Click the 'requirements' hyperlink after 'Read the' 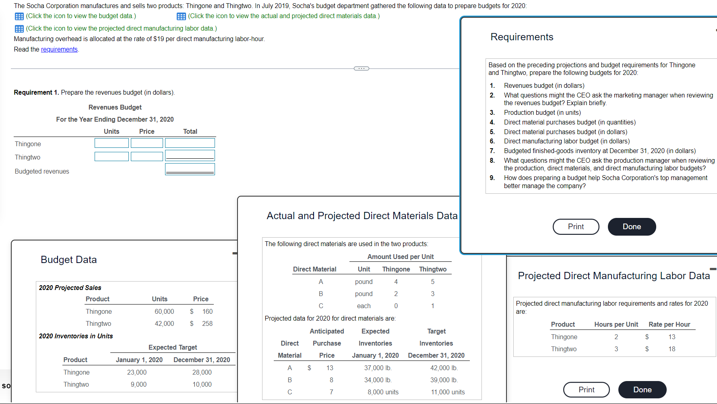pyautogui.click(x=59, y=49)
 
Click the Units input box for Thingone pyautogui.click(x=112, y=143)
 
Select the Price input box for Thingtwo pyautogui.click(x=147, y=156)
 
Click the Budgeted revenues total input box pyautogui.click(x=190, y=169)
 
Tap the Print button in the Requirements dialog pyautogui.click(x=576, y=226)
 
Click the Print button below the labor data pyautogui.click(x=586, y=389)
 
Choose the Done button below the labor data pyautogui.click(x=642, y=389)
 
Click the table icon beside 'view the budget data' pyautogui.click(x=19, y=16)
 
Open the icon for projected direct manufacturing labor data pyautogui.click(x=19, y=29)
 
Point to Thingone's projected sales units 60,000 pyautogui.click(x=164, y=311)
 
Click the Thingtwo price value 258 pyautogui.click(x=207, y=323)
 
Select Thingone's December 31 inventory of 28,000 pyautogui.click(x=202, y=372)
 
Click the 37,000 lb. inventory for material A pyautogui.click(x=378, y=368)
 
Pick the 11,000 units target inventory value pyautogui.click(x=448, y=392)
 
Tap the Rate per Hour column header pyautogui.click(x=669, y=324)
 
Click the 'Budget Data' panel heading pyautogui.click(x=69, y=260)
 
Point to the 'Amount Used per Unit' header pyautogui.click(x=400, y=257)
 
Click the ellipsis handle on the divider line pyautogui.click(x=361, y=68)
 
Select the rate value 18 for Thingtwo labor pyautogui.click(x=672, y=349)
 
